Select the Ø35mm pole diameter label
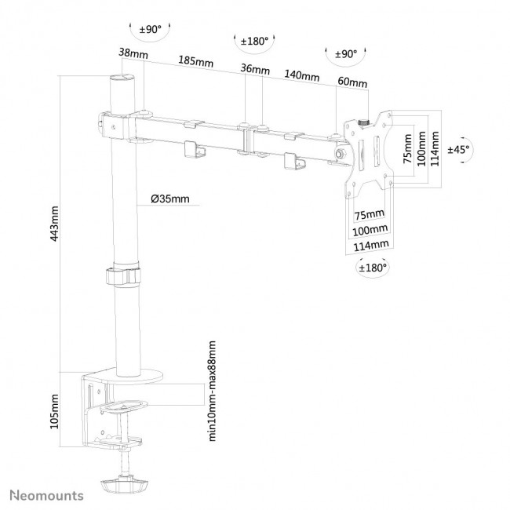pos(169,199)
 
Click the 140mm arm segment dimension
pos(301,76)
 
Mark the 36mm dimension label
pos(252,69)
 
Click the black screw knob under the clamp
pos(122,483)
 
